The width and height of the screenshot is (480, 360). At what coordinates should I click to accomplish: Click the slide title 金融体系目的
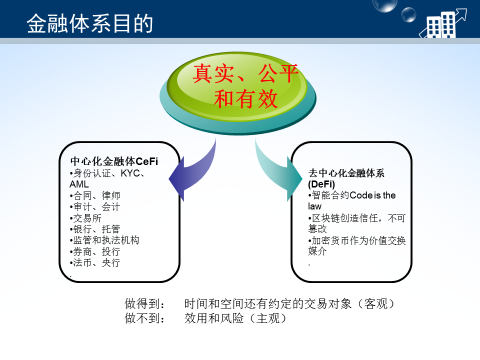tap(90, 21)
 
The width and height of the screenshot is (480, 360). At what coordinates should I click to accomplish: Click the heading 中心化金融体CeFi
tap(113, 161)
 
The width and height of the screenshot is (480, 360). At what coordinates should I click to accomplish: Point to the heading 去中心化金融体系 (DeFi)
tap(346, 178)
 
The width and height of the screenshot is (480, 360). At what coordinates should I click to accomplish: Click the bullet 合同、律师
tap(94, 196)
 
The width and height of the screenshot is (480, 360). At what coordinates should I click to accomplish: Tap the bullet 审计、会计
tap(94, 207)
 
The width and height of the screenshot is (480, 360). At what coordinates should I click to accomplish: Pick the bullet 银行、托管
tap(94, 229)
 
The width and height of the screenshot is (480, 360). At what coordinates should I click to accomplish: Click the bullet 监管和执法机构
tap(104, 240)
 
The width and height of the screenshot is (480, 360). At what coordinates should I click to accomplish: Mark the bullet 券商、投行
tap(94, 251)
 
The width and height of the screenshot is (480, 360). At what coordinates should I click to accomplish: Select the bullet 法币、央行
tap(94, 262)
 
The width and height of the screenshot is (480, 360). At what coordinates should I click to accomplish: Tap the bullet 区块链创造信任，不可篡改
tap(355, 222)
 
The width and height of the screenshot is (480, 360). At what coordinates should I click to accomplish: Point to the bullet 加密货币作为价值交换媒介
tap(355, 246)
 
